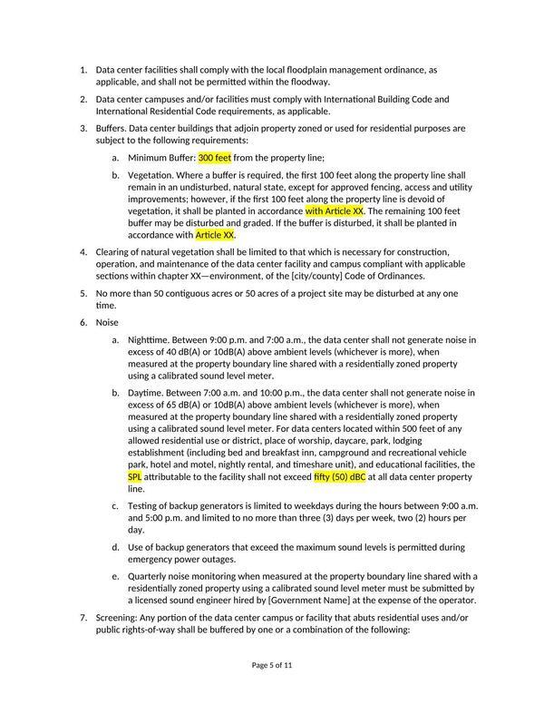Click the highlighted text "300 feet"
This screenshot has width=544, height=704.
click(x=215, y=157)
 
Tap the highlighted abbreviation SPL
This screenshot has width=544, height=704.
click(x=135, y=476)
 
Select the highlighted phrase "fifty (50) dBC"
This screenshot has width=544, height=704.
click(x=339, y=476)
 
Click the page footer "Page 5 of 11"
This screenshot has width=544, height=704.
click(x=272, y=665)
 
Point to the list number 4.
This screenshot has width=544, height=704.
click(x=83, y=251)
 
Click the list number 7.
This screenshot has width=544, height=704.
click(x=83, y=617)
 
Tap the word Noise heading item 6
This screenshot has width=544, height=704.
click(x=107, y=322)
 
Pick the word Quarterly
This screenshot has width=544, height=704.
click(x=151, y=576)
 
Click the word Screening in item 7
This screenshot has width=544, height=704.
click(x=118, y=617)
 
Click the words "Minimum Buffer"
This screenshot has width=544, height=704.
click(x=161, y=157)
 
